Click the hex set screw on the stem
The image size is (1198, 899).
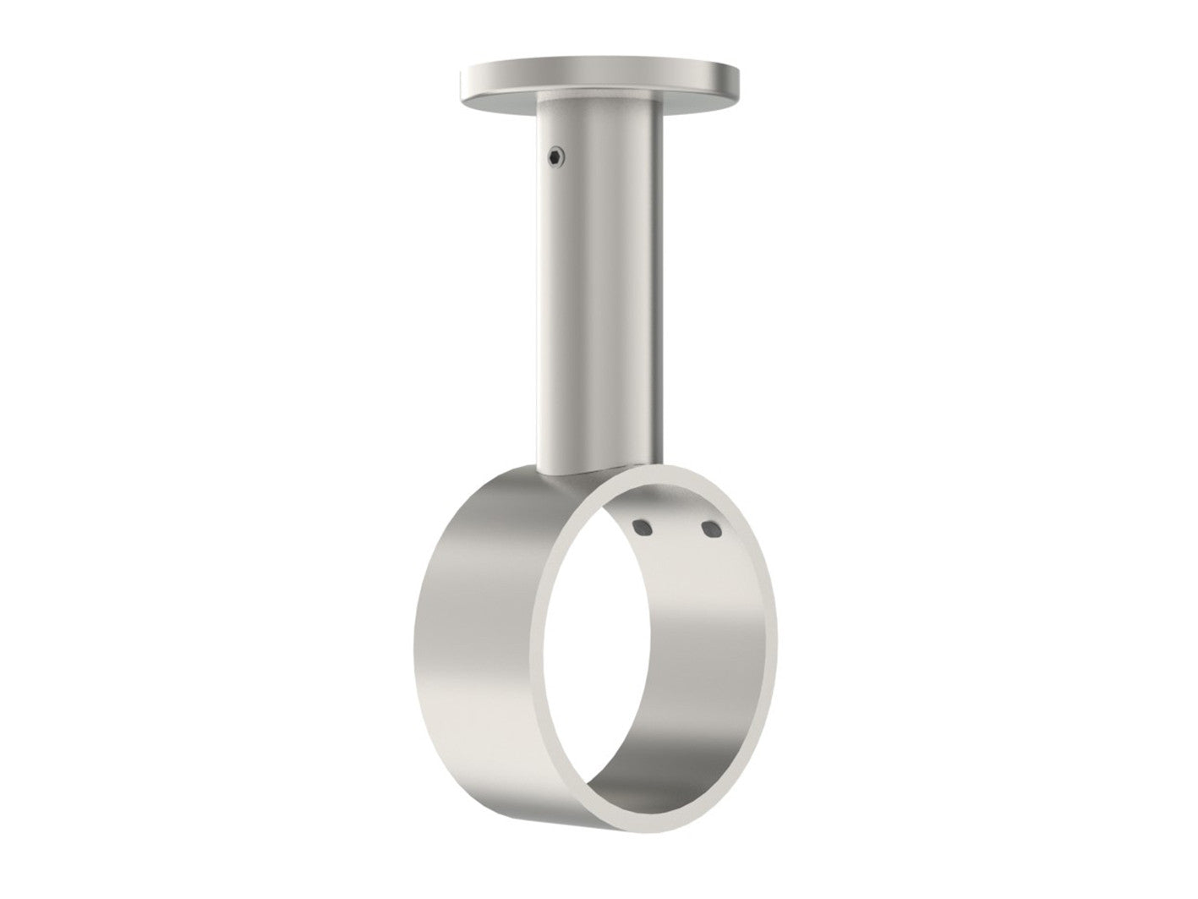[554, 155]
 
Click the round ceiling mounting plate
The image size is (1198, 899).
[599, 77]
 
